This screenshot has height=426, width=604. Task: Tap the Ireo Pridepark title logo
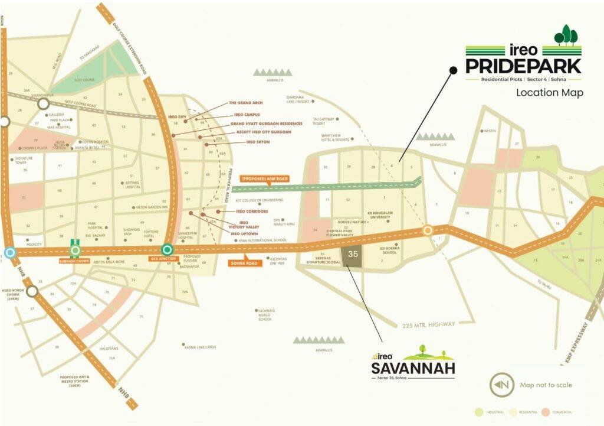(523, 57)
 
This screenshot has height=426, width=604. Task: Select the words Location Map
(549, 93)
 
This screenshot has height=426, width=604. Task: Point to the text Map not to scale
(546, 385)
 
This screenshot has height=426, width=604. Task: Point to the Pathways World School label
(265, 314)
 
